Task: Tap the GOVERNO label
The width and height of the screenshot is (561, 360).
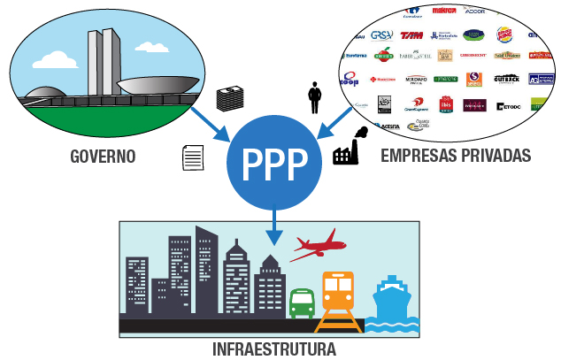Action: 104,157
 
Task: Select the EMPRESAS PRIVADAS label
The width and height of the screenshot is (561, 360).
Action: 456,157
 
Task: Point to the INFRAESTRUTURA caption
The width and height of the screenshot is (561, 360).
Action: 274,349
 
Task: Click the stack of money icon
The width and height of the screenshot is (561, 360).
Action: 231,98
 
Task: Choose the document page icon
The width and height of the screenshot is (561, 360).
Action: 192,157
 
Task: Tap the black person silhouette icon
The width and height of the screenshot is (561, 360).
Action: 313,96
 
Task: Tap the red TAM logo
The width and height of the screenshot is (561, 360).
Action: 411,36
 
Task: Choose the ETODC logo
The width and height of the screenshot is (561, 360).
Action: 508,107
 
